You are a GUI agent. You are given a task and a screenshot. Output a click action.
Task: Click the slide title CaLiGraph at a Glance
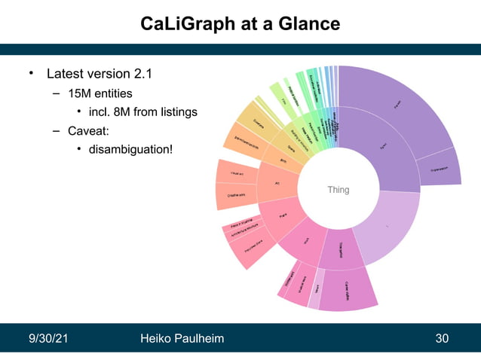[x=240, y=24]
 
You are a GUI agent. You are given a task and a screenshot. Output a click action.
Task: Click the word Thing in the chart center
[x=339, y=190]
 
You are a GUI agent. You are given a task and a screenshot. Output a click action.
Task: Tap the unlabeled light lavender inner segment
[x=386, y=225]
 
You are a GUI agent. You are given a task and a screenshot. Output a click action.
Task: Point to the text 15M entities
[x=100, y=93]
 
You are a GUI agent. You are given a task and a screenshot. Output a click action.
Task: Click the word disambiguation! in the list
[x=130, y=149]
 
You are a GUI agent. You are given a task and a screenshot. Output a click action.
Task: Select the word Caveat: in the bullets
[x=89, y=130]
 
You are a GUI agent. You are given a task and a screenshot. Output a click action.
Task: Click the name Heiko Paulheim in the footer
[x=182, y=338]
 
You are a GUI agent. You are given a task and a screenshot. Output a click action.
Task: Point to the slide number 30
[x=442, y=338]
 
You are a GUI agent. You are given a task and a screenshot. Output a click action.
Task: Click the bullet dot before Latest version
[x=32, y=74]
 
